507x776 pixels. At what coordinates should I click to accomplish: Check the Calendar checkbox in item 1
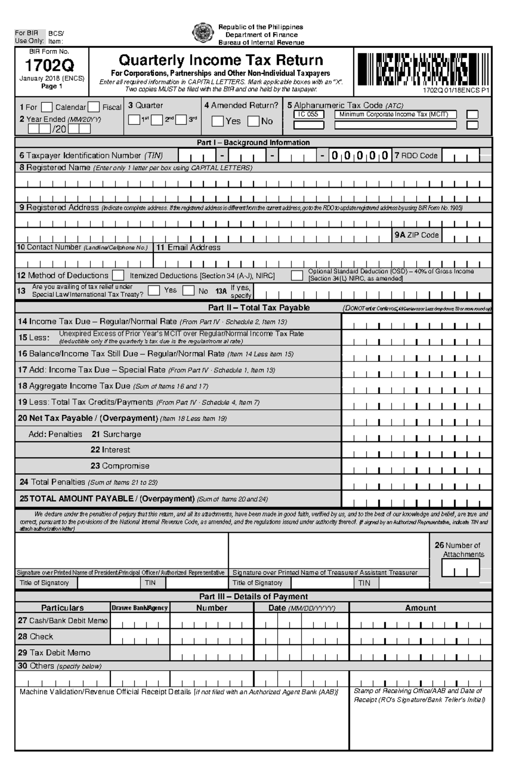(x=47, y=107)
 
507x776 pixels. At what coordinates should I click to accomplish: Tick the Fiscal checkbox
(x=94, y=107)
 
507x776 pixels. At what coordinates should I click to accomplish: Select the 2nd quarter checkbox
(x=157, y=120)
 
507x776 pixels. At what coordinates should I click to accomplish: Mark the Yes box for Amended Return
(x=217, y=121)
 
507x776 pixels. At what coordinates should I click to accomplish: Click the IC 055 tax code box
(x=308, y=114)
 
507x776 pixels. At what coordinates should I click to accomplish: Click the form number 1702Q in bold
(x=49, y=66)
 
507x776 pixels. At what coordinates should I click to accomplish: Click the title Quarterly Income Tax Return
(x=221, y=60)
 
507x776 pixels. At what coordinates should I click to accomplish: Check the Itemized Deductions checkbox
(x=118, y=276)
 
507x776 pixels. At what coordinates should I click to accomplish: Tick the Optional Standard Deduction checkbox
(x=297, y=276)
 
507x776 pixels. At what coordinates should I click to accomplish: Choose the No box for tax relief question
(x=188, y=291)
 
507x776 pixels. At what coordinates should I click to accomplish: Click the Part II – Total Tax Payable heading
(x=259, y=308)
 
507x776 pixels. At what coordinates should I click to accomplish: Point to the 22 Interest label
(x=110, y=450)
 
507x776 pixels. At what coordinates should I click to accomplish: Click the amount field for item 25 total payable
(x=417, y=499)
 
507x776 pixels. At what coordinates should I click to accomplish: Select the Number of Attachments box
(x=461, y=568)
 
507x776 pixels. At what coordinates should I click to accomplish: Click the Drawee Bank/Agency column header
(x=140, y=608)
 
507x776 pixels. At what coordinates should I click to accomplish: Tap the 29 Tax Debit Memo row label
(x=54, y=653)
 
